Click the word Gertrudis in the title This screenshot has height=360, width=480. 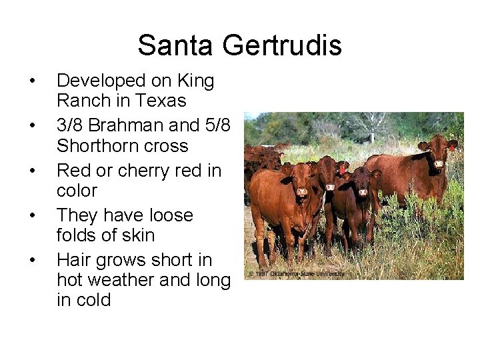281,45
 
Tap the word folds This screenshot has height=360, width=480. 78,235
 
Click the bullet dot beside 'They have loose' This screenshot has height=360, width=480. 31,216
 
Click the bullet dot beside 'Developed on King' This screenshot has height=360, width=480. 31,82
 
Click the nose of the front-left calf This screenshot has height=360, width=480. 301,193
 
